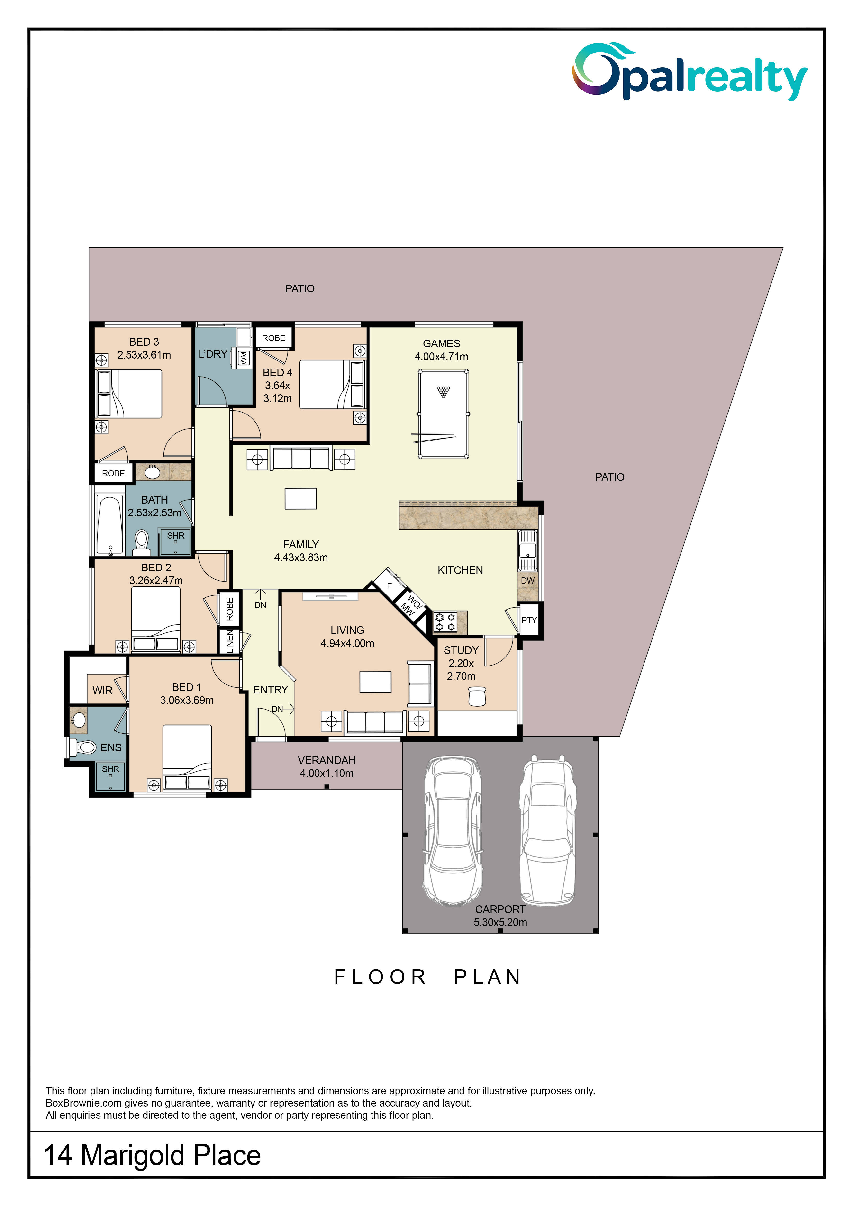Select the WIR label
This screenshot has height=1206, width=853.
pos(102,690)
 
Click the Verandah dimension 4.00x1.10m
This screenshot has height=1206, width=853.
pos(327,773)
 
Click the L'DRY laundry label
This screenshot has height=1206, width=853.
pos(213,354)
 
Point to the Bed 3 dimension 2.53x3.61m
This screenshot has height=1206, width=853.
pos(144,355)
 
